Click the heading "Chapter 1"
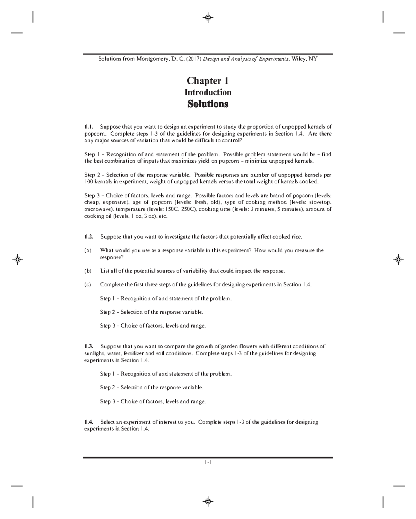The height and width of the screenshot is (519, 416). point(208,81)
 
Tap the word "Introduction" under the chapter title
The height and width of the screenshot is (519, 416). point(208,92)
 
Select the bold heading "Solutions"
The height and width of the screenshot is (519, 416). point(208,104)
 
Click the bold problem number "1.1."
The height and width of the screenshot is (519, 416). point(89,127)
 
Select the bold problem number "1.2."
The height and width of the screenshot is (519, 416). point(89,237)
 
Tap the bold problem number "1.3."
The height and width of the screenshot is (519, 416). point(89,346)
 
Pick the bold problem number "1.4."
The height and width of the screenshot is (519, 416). point(89,422)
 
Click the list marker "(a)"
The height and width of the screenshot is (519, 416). point(88,250)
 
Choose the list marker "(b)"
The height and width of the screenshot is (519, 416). point(88,271)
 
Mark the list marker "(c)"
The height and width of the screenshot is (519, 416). point(88,285)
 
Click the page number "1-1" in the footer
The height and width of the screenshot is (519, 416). point(208,462)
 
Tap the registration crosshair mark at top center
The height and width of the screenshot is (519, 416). point(208,18)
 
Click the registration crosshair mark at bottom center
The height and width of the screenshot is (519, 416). point(208,501)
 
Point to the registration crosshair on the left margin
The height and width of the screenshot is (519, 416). point(17,259)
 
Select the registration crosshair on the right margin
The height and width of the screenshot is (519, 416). point(398,259)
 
